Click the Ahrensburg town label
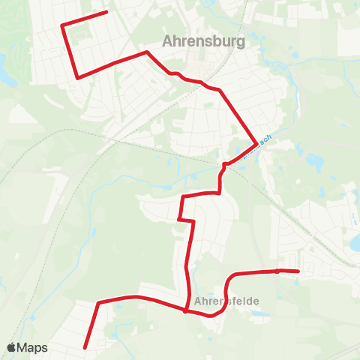tap(204, 41)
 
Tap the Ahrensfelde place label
tap(226, 301)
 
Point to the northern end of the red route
tap(107, 12)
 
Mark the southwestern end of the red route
tap(85, 347)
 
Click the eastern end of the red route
tap(298, 271)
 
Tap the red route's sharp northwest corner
tap(62, 25)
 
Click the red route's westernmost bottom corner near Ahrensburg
tap(78, 77)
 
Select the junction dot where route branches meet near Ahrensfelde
tap(185, 310)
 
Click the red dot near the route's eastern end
tap(277, 271)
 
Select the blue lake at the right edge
tap(355, 242)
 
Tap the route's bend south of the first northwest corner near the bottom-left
tap(99, 303)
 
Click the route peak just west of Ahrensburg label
tap(147, 52)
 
